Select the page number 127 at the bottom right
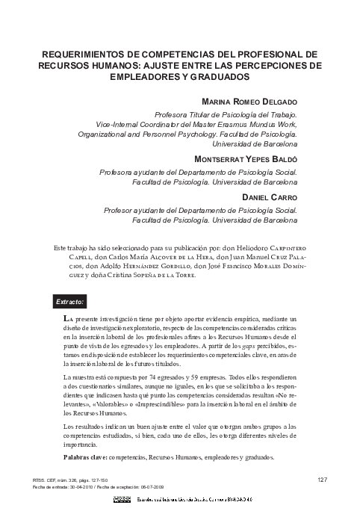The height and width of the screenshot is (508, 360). [322, 479]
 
